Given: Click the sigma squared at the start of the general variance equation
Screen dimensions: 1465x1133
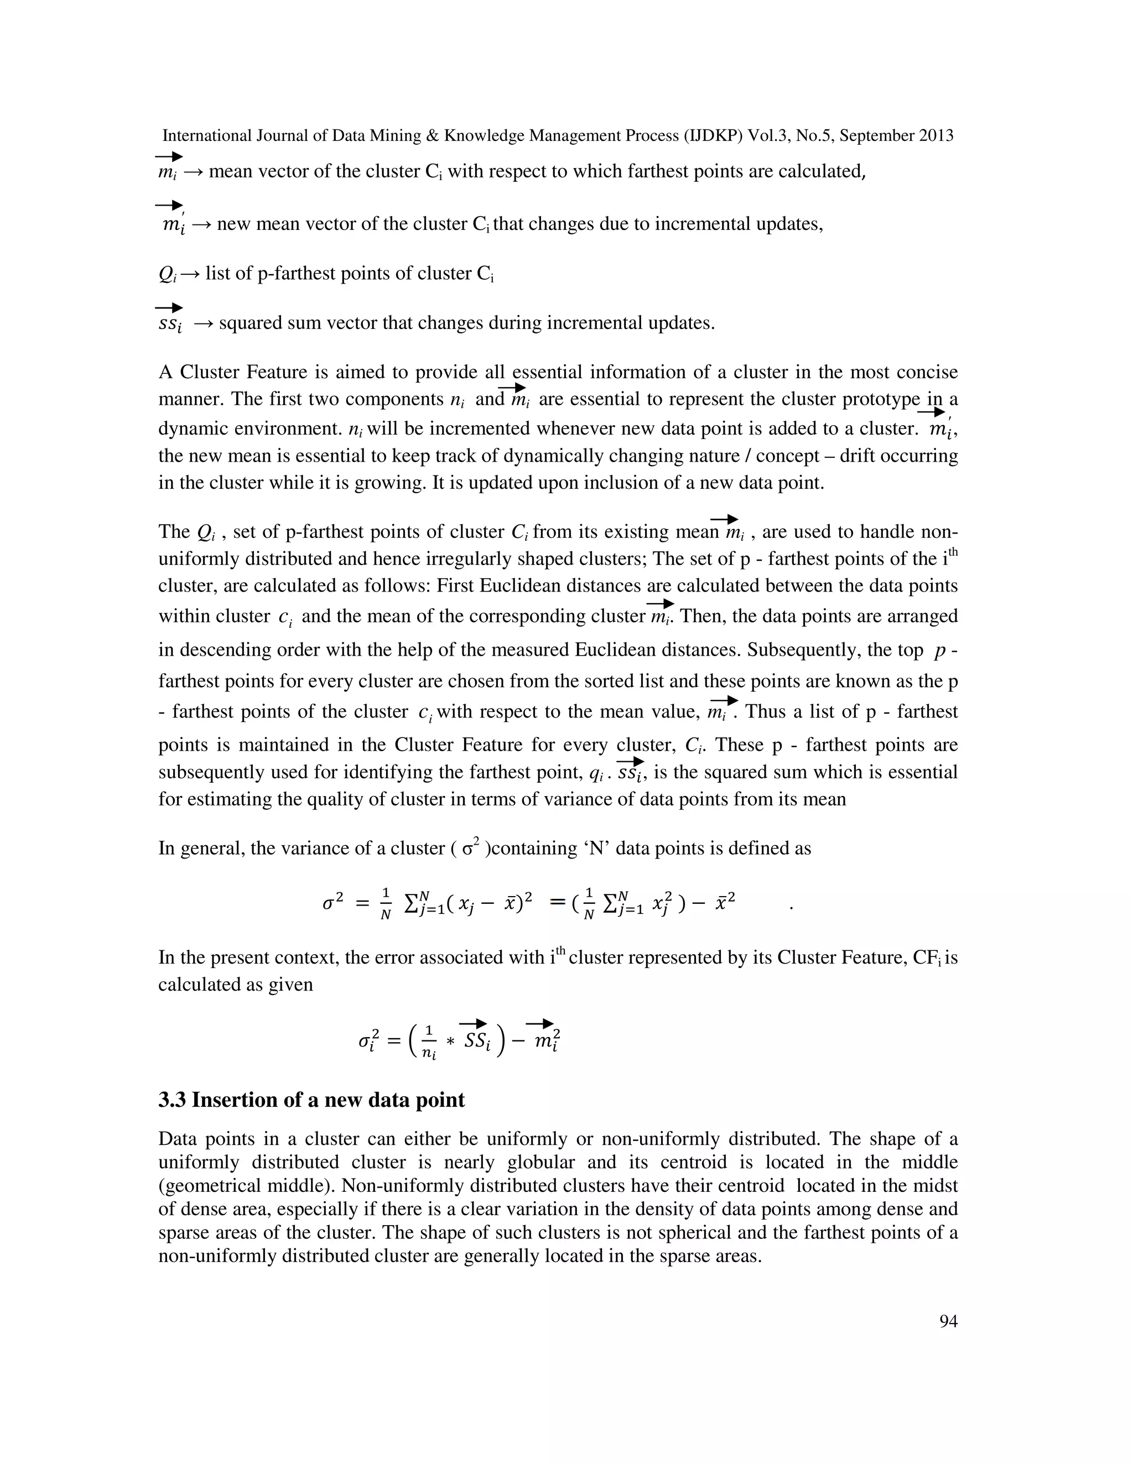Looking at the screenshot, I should [333, 903].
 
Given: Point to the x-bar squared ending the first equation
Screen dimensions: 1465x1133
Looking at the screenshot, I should [721, 903].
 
